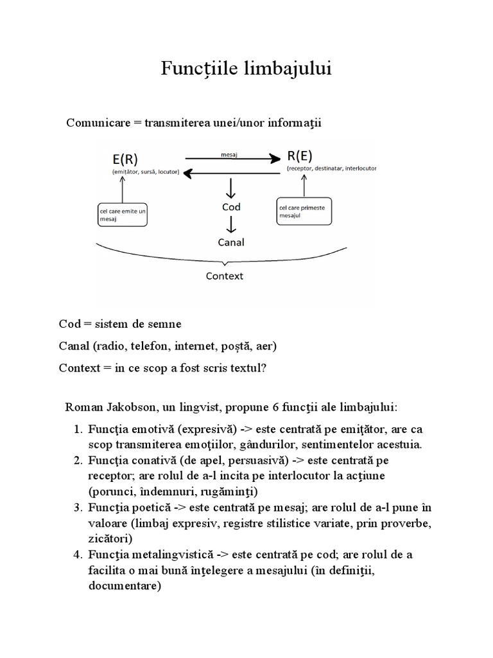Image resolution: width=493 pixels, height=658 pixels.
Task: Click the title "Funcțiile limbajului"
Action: tap(246, 69)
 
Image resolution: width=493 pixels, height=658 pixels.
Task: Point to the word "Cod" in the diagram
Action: tap(231, 207)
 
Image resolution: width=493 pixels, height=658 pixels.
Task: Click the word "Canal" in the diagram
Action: tap(231, 242)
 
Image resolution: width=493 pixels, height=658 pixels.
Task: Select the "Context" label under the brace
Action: tap(224, 276)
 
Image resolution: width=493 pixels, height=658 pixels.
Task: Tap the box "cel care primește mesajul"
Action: tap(305, 211)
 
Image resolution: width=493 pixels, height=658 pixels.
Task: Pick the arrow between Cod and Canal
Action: tap(231, 224)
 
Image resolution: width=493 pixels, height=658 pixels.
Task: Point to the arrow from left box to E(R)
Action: tap(122, 190)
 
